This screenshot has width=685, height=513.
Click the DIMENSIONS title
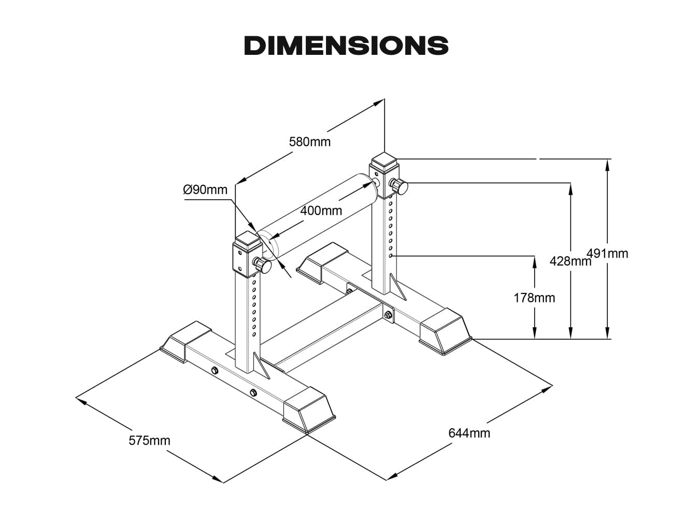[346, 46]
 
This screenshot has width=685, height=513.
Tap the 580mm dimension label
[309, 141]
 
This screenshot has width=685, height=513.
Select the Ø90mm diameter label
[205, 189]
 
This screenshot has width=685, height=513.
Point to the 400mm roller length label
[321, 211]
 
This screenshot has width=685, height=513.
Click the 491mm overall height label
[608, 253]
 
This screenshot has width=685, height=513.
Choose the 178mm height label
[534, 298]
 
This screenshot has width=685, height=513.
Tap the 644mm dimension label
[469, 432]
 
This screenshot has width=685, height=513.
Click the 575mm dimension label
[149, 441]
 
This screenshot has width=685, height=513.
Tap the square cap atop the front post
[247, 240]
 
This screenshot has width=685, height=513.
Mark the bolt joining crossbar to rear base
[388, 314]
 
